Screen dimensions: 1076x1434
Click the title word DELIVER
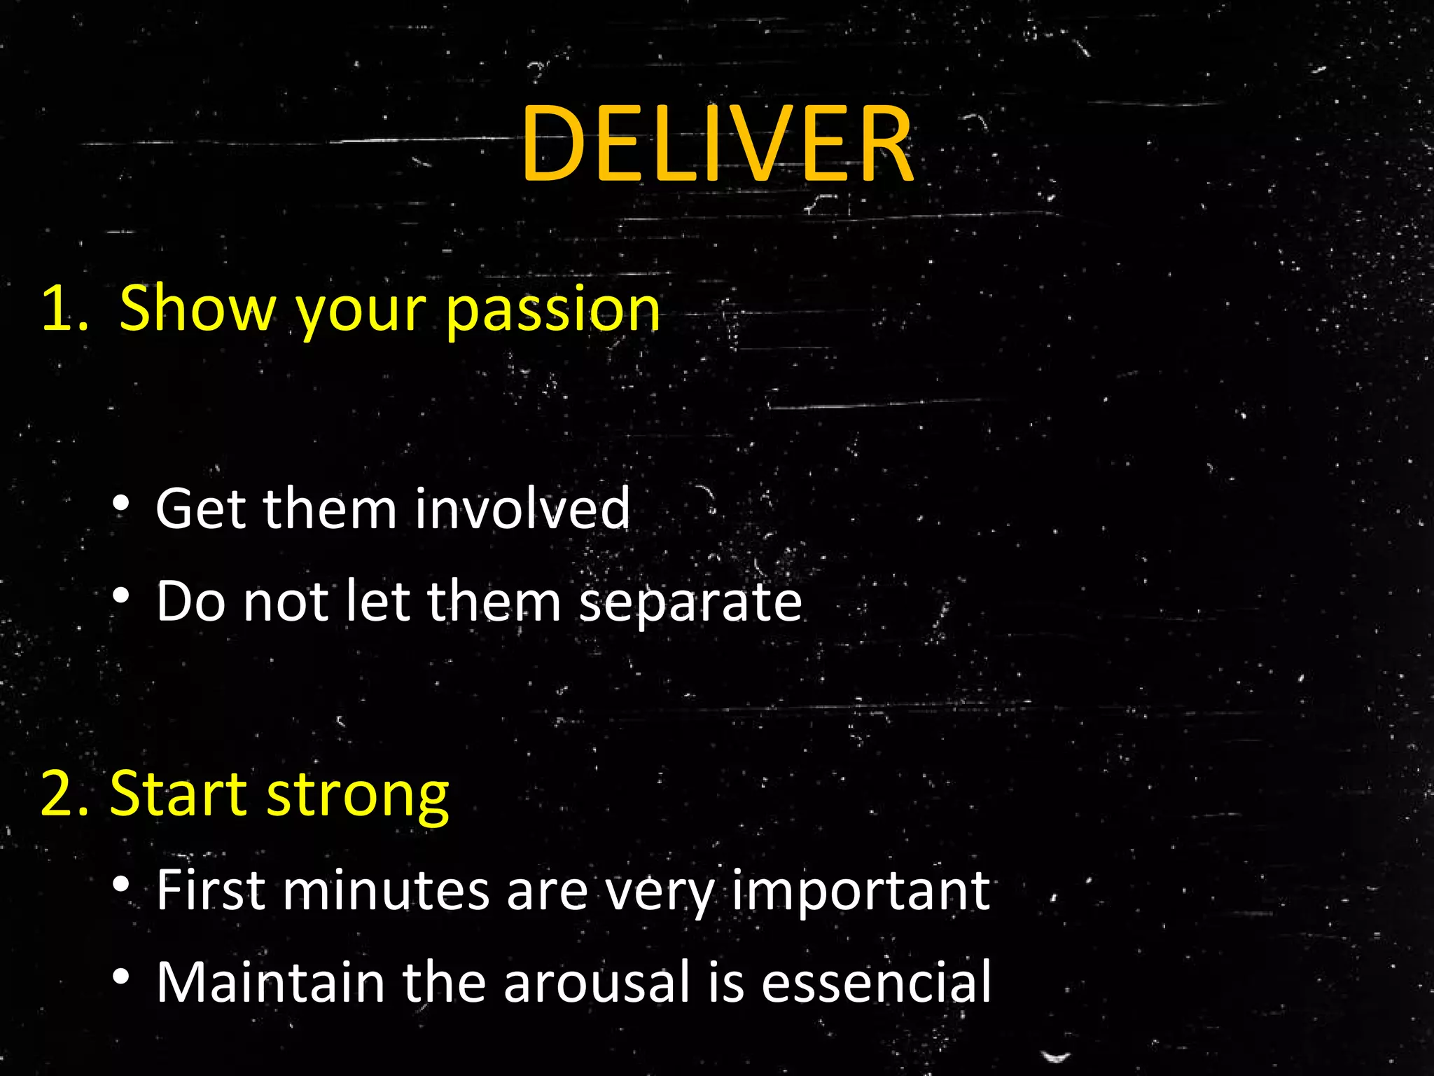point(716,145)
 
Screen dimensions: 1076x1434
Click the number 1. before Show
point(65,308)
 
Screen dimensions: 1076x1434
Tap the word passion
point(552,310)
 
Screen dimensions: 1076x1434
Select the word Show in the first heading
point(198,308)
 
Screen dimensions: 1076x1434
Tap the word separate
point(690,603)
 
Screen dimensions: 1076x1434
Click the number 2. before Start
point(65,794)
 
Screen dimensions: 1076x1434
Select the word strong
point(358,796)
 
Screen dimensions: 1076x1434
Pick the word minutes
point(386,890)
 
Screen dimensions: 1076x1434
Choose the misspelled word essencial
point(876,983)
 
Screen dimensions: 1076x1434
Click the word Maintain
point(270,983)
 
